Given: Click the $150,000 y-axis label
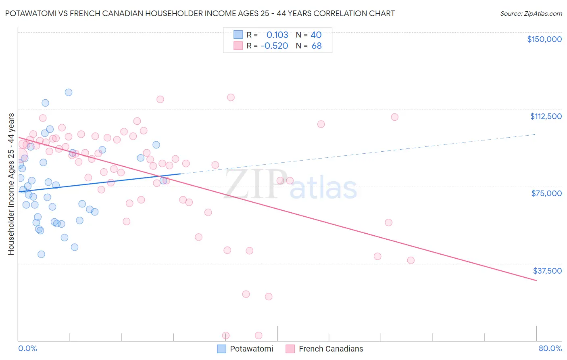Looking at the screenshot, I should coord(544,39).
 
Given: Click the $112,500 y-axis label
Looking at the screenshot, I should coord(546,116).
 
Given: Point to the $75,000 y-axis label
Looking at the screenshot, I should coord(546,193).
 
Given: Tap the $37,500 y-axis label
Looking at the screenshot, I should coord(547,271).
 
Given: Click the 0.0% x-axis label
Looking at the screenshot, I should coord(27,348).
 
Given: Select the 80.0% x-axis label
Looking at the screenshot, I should coord(550,348).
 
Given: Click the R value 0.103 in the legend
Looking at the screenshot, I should coord(277,35).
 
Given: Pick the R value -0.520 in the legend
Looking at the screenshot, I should coord(274,46).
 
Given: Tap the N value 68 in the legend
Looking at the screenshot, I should coord(317,46).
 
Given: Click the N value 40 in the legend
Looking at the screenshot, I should coord(316,35).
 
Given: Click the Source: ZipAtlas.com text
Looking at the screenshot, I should coord(531,14).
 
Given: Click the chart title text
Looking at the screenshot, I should coord(200,13).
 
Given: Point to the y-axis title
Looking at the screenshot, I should coord(11,184).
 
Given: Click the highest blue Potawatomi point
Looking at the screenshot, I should coord(69,92).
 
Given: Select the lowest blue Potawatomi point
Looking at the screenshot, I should coord(41,254).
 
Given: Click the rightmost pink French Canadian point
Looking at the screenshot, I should coord(411,260).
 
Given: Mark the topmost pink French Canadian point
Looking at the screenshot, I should coord(231,97).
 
